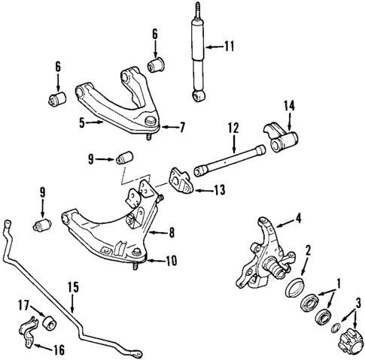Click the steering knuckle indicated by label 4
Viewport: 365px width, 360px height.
263,252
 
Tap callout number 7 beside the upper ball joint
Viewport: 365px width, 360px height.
181,128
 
